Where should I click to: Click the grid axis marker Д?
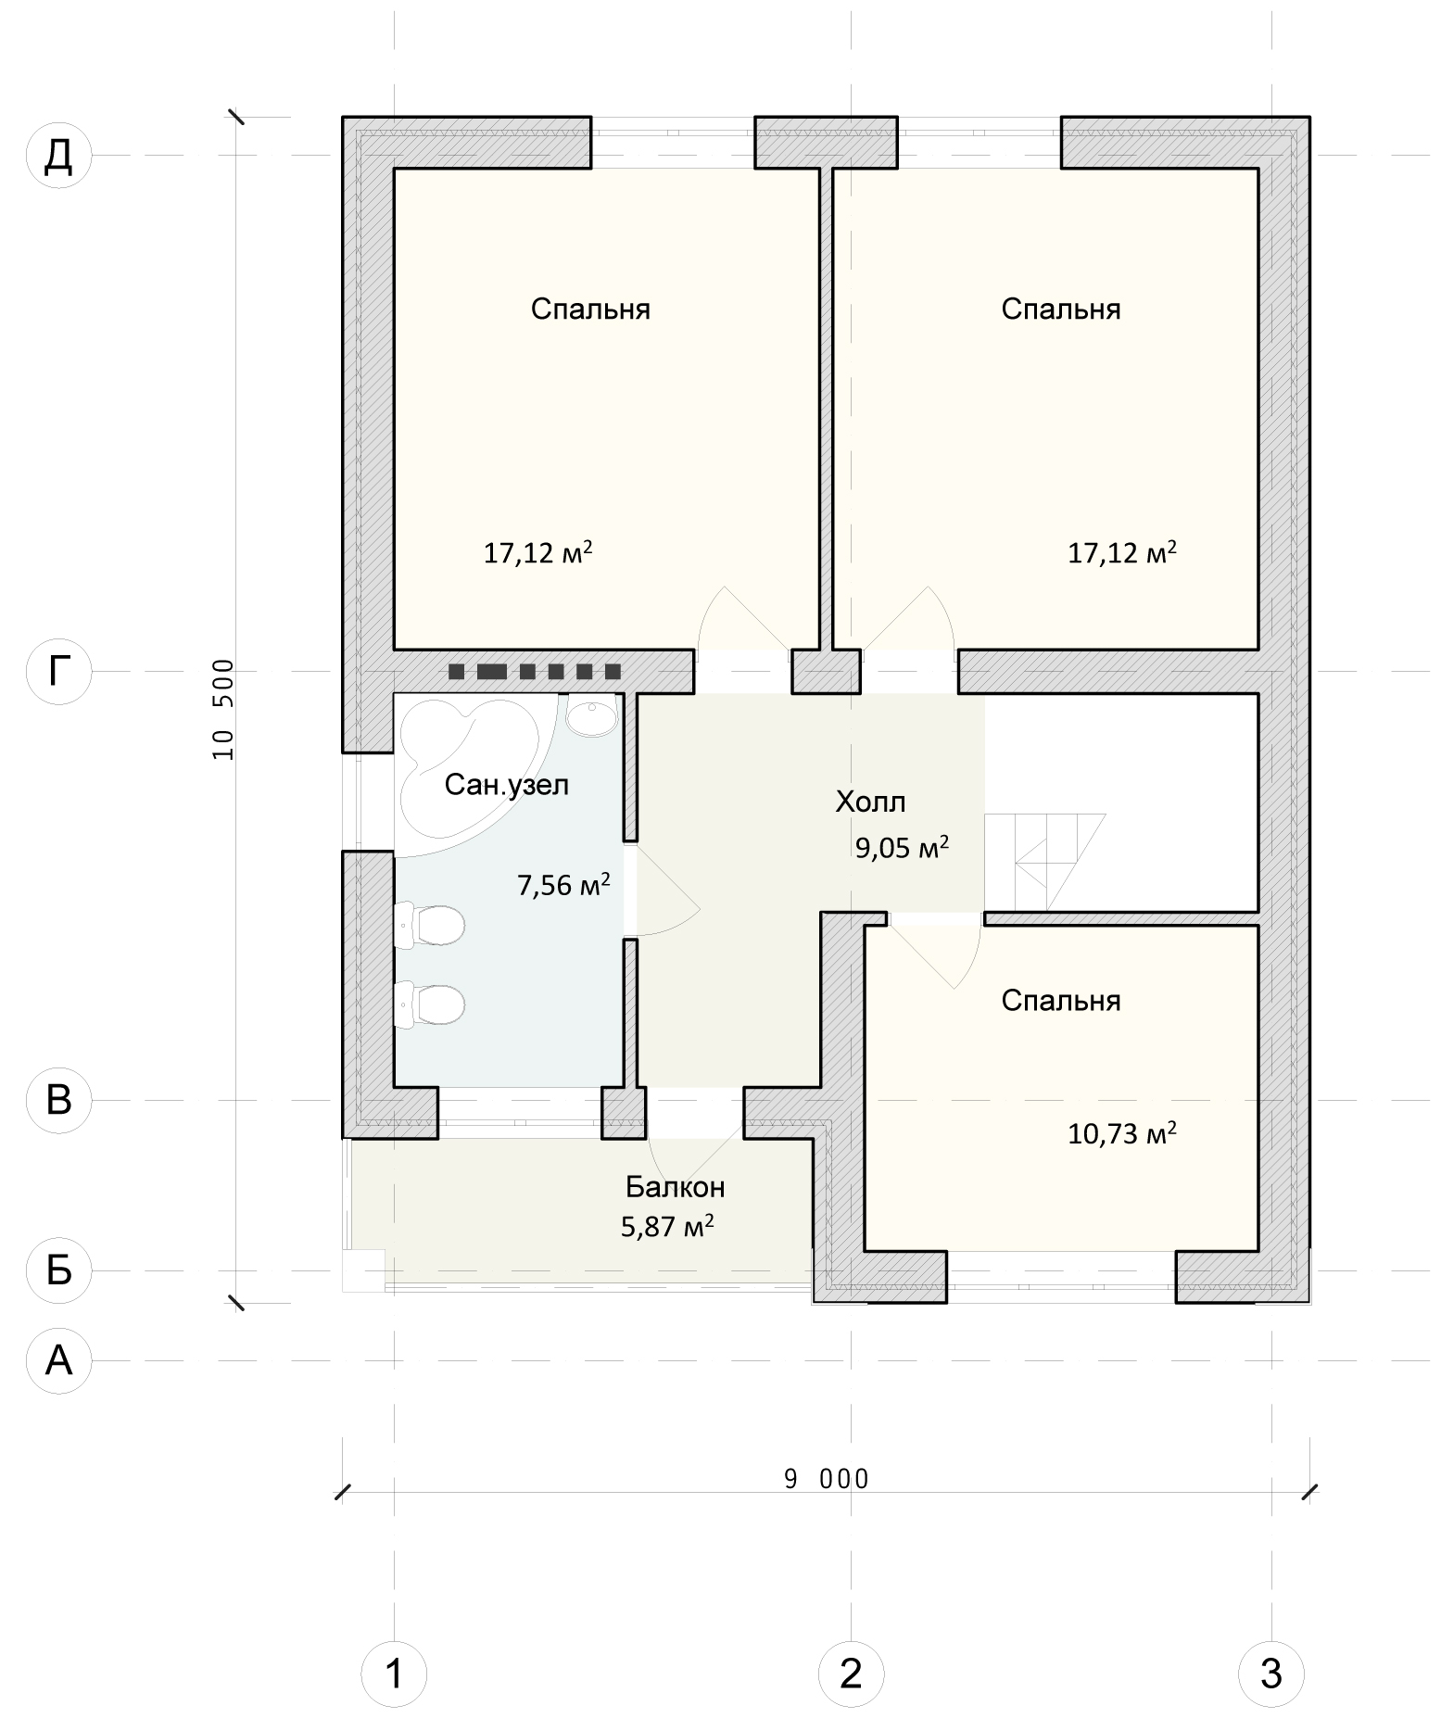[59, 156]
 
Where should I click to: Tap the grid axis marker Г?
[59, 671]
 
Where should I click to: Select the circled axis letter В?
[59, 1100]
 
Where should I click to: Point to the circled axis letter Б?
[59, 1270]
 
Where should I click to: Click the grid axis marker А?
[59, 1360]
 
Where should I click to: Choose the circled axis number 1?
[394, 1674]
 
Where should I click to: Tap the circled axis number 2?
[851, 1674]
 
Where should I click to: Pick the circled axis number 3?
[1271, 1674]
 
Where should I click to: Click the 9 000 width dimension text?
[827, 1479]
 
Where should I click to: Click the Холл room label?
[870, 802]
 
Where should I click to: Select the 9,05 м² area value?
[902, 847]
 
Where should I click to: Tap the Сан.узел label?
[506, 786]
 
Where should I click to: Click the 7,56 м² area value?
[563, 885]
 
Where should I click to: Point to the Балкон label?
[675, 1186]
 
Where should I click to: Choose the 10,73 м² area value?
[1122, 1132]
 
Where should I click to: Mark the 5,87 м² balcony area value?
[667, 1227]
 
